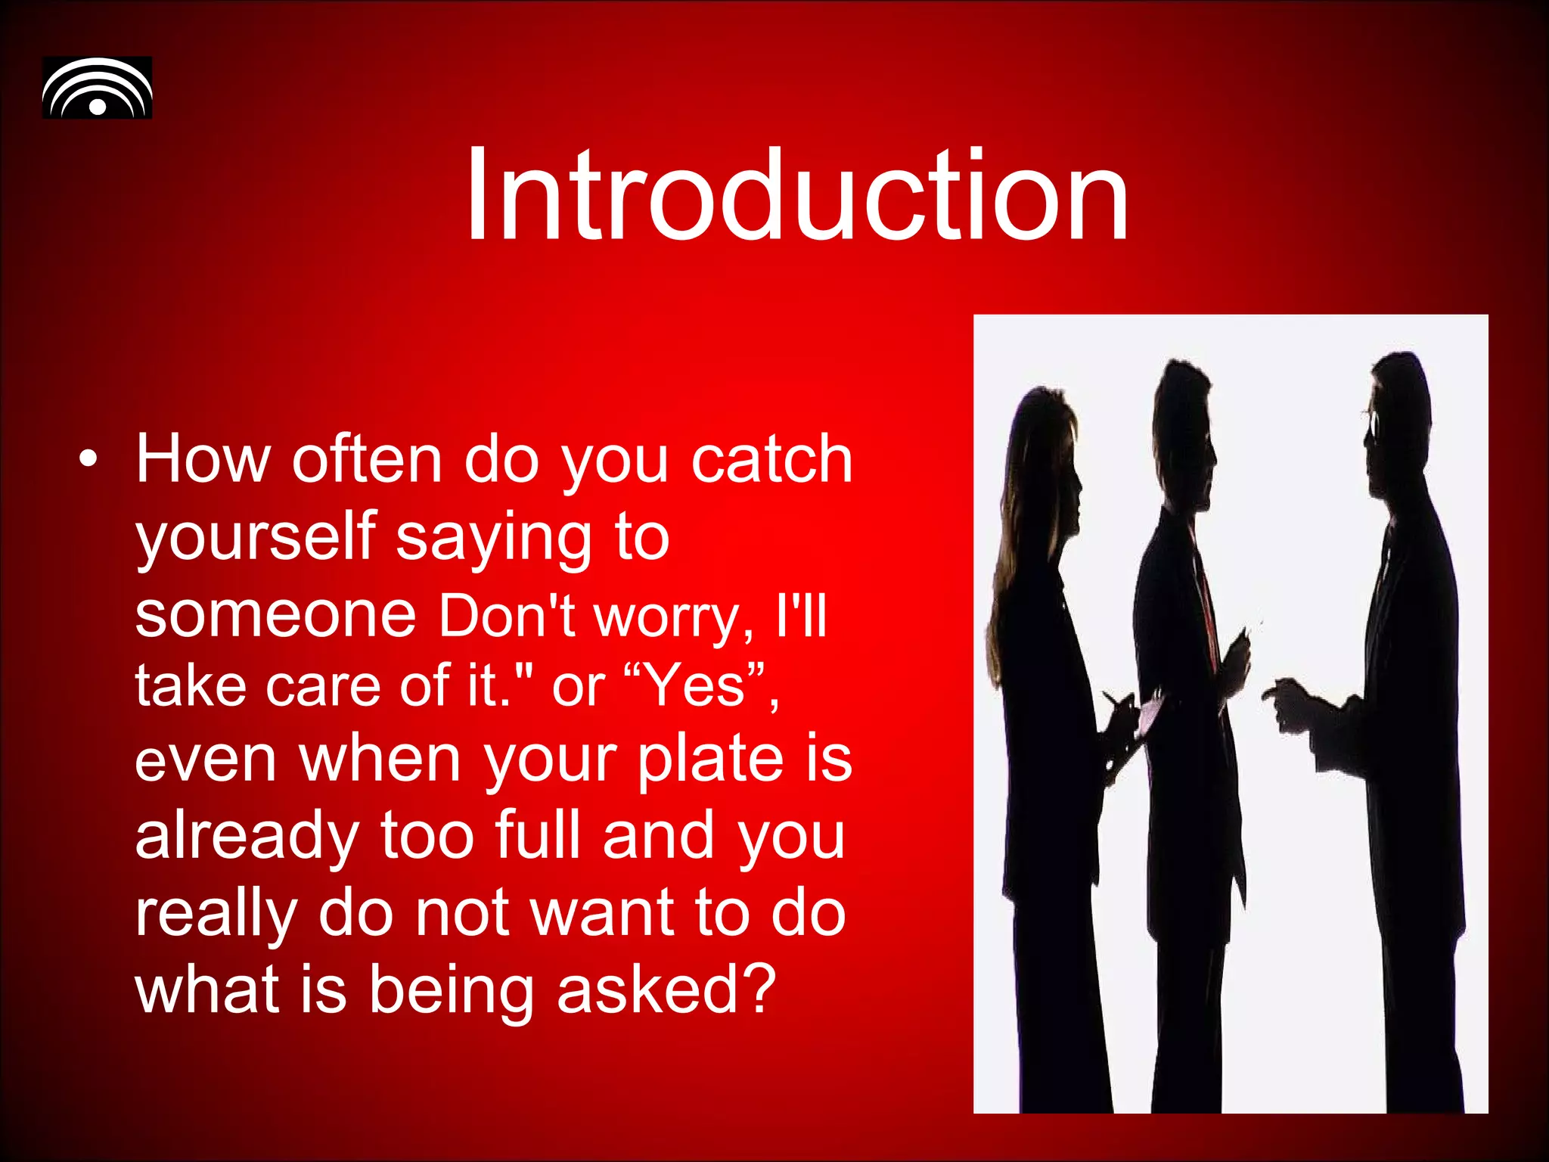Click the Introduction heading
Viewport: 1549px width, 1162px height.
[796, 195]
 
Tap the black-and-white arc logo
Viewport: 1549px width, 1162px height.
[97, 88]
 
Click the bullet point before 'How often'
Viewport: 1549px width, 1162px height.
[88, 460]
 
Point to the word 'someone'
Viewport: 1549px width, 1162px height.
[275, 614]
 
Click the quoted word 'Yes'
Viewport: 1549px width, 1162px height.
[697, 685]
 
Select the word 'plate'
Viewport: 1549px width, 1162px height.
[709, 760]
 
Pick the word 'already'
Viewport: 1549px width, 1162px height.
[247, 837]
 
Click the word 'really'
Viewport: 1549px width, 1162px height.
[216, 914]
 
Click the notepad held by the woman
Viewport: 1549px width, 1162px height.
[1150, 715]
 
